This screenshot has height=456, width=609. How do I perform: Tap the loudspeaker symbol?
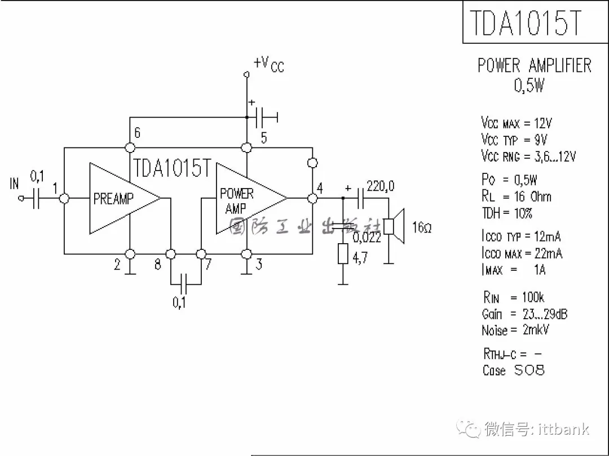coord(394,226)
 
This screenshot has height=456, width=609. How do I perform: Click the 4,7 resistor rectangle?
coord(343,253)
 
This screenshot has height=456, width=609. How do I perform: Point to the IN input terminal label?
coord(14,184)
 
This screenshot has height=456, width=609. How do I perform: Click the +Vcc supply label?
coord(269,64)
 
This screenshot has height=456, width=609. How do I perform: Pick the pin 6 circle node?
coord(130,147)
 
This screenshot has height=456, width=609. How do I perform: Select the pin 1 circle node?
coord(64,199)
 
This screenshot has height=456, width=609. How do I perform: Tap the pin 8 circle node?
coord(170,254)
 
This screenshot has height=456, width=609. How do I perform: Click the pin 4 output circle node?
coord(312,199)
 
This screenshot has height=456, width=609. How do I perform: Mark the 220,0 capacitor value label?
coord(380,186)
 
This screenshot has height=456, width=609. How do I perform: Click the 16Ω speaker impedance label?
coord(422,227)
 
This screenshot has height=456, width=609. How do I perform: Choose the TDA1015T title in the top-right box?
coord(526,23)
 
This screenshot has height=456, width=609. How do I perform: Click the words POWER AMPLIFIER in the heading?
coord(535,65)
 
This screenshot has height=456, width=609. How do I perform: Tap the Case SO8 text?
coord(514,370)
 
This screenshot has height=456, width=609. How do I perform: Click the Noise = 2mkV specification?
coord(515,330)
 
